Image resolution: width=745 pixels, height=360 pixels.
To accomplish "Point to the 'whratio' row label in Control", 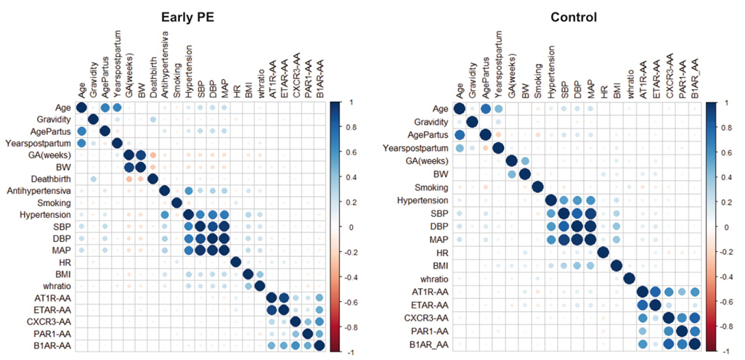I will (x=431, y=279).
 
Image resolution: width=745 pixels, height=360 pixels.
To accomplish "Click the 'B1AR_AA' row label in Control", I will (x=427, y=345).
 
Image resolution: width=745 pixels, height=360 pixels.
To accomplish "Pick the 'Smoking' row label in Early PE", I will (x=56, y=202).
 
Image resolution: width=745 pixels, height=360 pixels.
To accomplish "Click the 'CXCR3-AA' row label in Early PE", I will (x=51, y=322).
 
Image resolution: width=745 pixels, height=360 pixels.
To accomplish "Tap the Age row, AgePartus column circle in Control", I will (x=486, y=109).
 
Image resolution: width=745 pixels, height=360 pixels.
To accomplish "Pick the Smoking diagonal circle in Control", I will (x=538, y=187).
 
